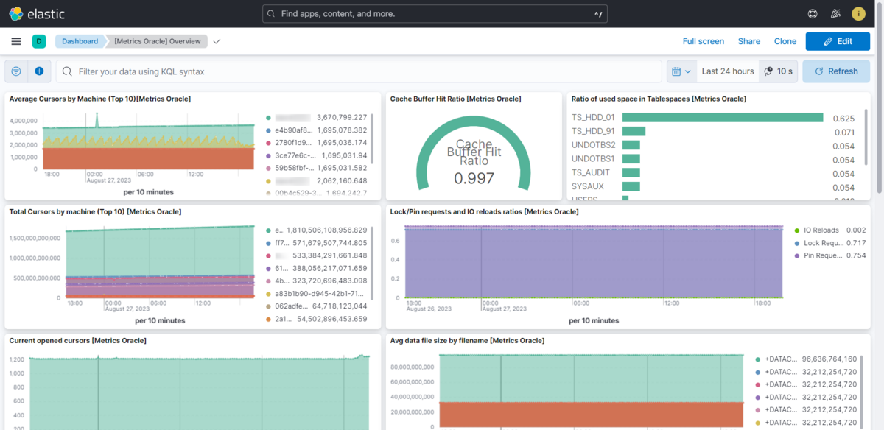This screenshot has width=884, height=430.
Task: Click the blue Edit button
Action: coord(837,41)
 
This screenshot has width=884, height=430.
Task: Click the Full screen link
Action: coord(703,41)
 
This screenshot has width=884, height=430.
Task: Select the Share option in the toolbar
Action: coord(749,41)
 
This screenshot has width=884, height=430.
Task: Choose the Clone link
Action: coord(785,41)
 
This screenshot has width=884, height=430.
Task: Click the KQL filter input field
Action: coord(361,71)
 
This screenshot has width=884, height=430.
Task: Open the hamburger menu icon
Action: coord(16,41)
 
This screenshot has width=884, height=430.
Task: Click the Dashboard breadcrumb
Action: coord(80,41)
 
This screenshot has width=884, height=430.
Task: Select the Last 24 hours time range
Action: coord(727,71)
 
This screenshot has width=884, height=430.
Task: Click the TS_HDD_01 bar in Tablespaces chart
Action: coord(722,117)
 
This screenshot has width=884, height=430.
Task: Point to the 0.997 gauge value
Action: coord(474,178)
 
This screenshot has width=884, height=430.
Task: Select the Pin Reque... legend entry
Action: coord(823,255)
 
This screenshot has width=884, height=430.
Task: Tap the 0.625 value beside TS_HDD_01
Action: coord(843,118)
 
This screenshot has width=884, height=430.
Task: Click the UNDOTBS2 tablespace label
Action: coord(593,145)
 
